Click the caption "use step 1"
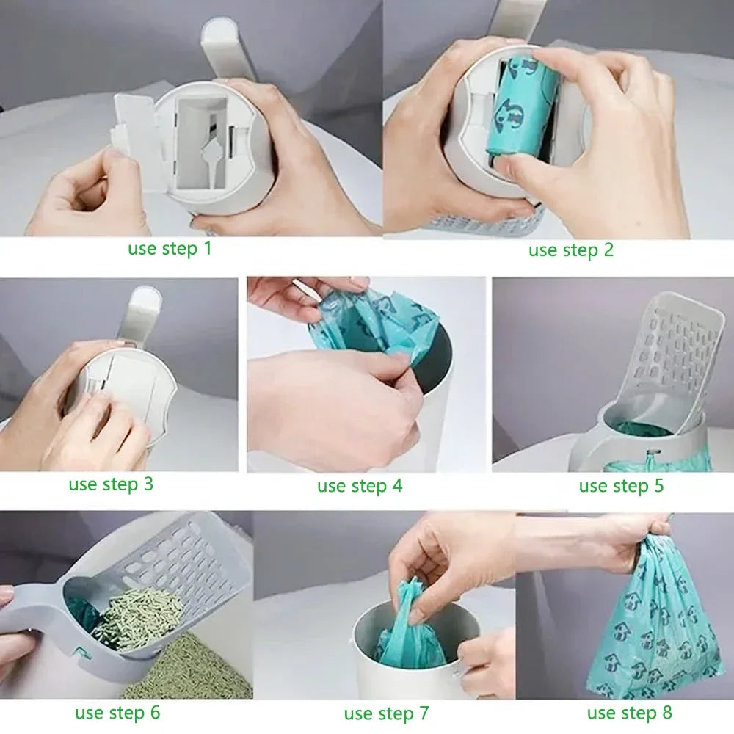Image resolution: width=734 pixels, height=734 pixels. click(170, 248)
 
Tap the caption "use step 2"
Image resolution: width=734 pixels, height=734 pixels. click(570, 250)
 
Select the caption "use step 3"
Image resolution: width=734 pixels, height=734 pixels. click(111, 484)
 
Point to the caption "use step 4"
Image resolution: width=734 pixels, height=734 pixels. click(360, 486)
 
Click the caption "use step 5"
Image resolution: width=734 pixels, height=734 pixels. click(621, 486)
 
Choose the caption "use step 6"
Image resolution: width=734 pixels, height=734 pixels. click(117, 712)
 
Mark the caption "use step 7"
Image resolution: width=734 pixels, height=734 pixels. click(387, 713)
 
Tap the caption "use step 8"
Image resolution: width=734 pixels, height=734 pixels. click(629, 712)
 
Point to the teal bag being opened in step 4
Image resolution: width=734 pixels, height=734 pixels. click(374, 323)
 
